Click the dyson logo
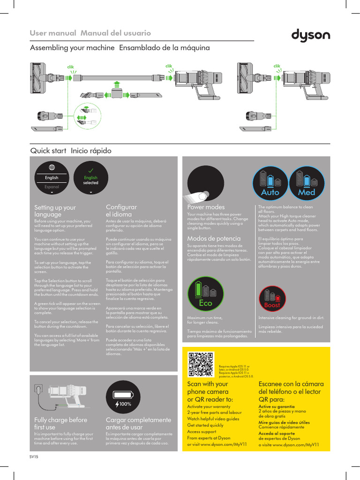coord(311,36)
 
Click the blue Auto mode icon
coord(270,182)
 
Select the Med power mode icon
coord(307,182)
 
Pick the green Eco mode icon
coord(205,294)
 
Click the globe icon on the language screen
coord(52,167)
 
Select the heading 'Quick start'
coord(48,151)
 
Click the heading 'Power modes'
coord(206,207)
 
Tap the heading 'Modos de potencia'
coord(214,239)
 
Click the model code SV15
coord(33,457)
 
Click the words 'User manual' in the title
coord(53,33)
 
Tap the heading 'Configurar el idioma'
coord(121,210)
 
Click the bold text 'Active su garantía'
coord(277,406)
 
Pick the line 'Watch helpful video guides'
coord(213,419)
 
